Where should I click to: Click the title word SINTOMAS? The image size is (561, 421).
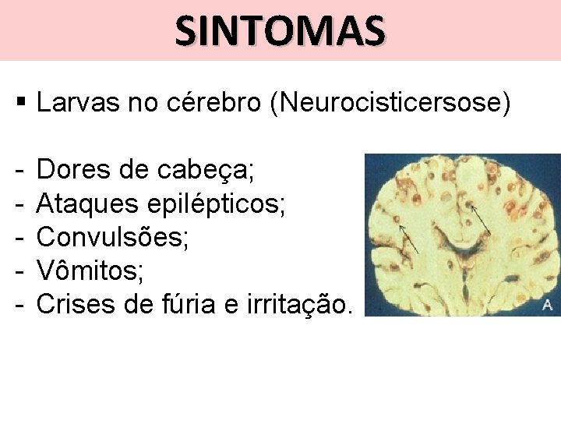click(280, 31)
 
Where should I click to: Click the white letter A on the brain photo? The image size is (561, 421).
click(548, 304)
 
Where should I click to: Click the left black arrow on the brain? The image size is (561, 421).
click(410, 239)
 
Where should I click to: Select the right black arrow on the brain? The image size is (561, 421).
click(482, 221)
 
